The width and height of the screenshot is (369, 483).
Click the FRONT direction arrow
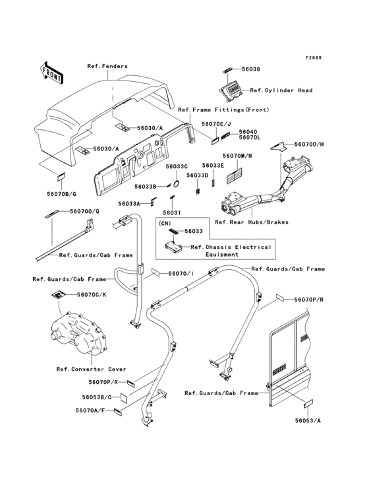point(51,73)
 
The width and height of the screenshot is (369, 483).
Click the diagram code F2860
point(314,57)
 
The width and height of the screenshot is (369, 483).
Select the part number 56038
point(250,69)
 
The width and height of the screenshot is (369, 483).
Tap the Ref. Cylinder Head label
point(281,90)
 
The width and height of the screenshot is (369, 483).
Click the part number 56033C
point(177,166)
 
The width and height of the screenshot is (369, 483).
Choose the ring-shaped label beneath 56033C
point(177,184)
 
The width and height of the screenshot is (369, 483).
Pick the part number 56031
point(172,212)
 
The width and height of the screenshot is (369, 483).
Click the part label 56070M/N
point(237,156)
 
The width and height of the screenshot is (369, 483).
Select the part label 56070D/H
point(309,144)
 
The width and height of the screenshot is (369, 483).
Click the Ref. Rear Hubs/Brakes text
point(252,222)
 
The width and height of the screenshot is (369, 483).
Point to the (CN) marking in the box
point(165,223)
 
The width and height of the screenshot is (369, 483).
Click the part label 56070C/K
point(92,294)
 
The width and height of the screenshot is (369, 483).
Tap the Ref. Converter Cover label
point(91,369)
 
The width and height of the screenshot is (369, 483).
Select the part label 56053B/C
point(97,397)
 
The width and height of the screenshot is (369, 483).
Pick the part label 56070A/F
point(90,410)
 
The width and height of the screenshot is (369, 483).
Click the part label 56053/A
point(308,420)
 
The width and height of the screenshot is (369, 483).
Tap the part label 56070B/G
point(61,194)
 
